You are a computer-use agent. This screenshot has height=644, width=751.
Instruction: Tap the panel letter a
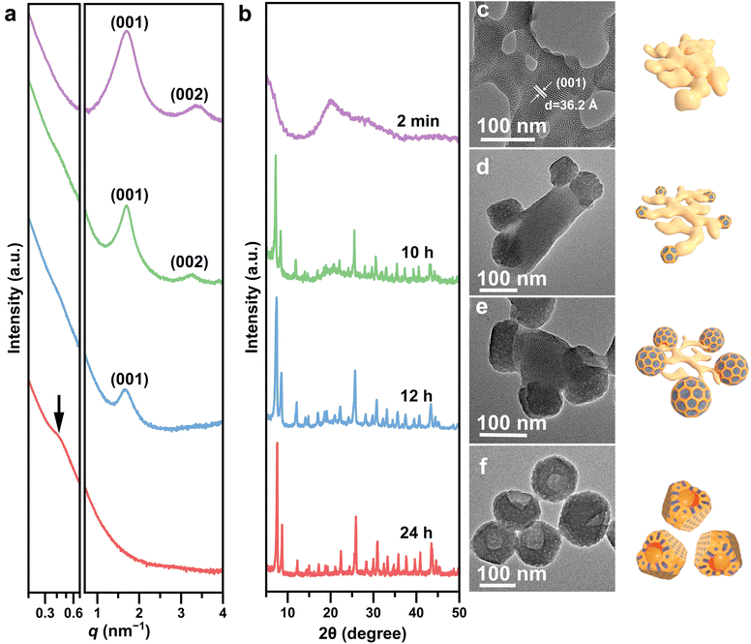pyautogui.click(x=12, y=14)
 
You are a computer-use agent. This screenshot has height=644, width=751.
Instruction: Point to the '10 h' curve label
pyautogui.click(x=417, y=254)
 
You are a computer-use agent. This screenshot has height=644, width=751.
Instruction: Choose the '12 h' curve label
pyautogui.click(x=417, y=397)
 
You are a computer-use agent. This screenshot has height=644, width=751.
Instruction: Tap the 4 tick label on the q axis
pyautogui.click(x=223, y=612)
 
